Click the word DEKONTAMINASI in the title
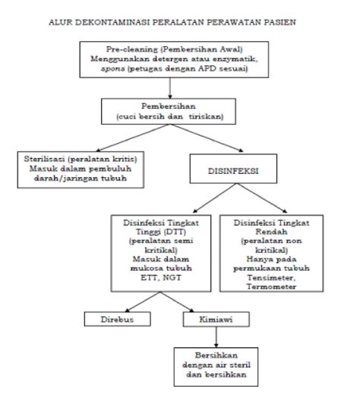click(x=112, y=22)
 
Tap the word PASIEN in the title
click(x=279, y=22)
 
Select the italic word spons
click(x=113, y=69)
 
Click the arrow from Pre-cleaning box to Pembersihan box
click(x=170, y=88)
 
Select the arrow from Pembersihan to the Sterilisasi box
click(x=133, y=138)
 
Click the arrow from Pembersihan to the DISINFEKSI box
click(x=207, y=138)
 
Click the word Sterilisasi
click(x=44, y=159)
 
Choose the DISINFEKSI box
click(x=233, y=169)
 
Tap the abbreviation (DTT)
click(x=175, y=232)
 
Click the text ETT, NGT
click(x=161, y=277)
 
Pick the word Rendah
click(x=271, y=232)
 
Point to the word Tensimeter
click(x=271, y=277)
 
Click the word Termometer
click(x=271, y=286)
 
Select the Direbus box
click(x=118, y=319)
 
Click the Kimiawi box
click(x=216, y=319)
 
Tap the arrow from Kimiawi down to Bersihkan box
click(x=216, y=337)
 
